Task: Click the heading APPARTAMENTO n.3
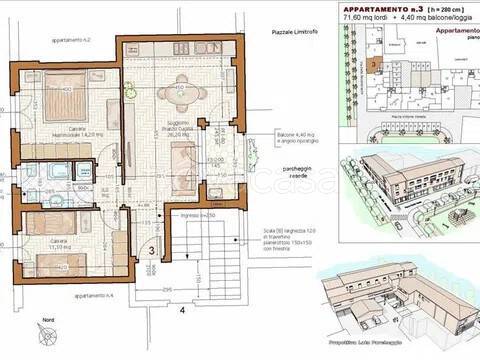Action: coord(385,7)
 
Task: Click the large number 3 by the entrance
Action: coord(152,251)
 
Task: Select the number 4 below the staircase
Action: coord(182,322)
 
